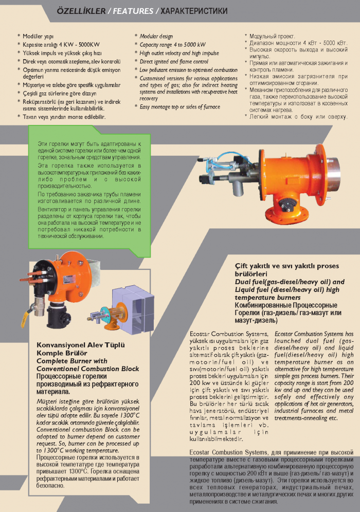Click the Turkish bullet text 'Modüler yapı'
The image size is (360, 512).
coord(40,36)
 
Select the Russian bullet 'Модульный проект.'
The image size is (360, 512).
coord(272,36)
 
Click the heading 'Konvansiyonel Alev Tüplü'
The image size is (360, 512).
coord(81,345)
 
